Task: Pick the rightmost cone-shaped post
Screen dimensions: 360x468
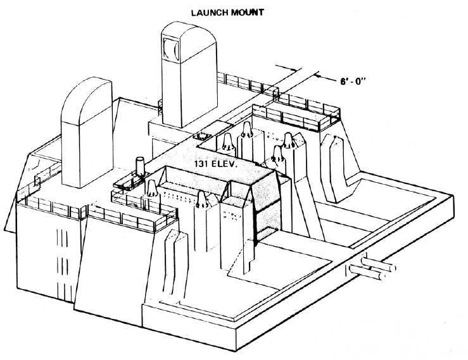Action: [288, 142]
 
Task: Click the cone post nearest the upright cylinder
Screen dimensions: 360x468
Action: [153, 188]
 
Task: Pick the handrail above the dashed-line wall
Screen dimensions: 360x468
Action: [51, 205]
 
